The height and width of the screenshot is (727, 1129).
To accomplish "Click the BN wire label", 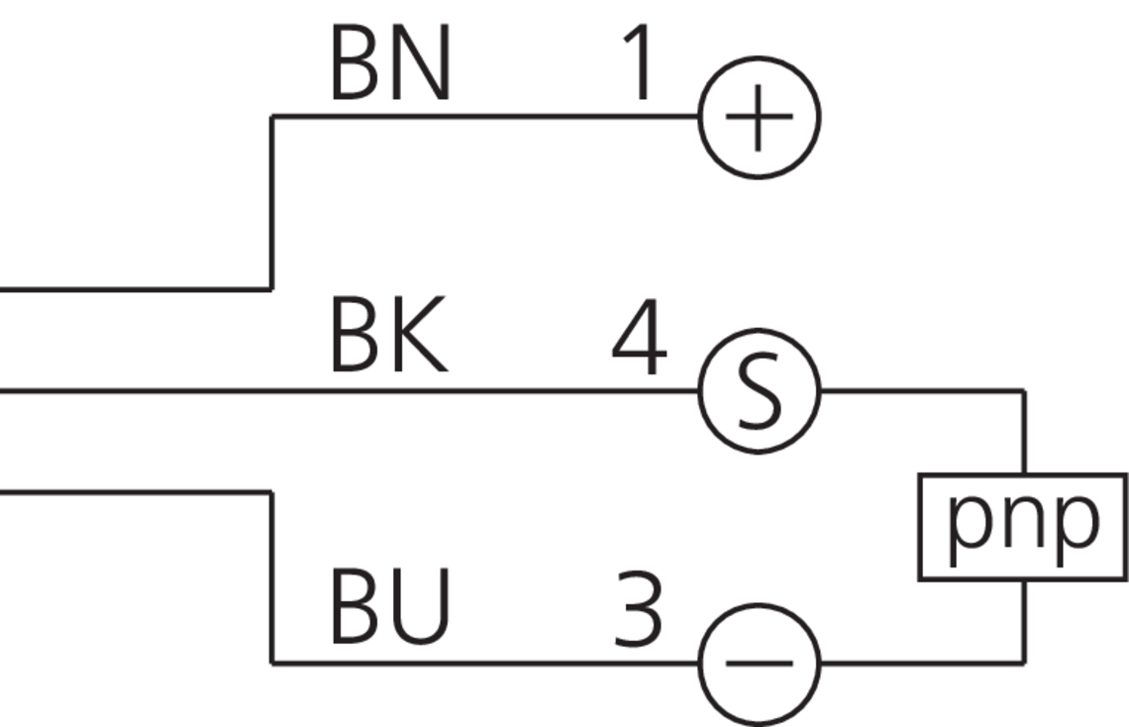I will pos(390,65).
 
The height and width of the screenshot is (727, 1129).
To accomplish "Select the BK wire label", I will pos(388,339).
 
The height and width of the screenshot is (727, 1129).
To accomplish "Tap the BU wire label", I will pos(390,606).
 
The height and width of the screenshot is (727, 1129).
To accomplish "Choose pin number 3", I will pos(638,608).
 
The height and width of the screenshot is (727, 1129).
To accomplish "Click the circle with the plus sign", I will pos(760,117).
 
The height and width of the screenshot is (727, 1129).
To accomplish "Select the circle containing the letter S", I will pos(760,390).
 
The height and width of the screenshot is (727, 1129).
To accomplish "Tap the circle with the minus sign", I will pos(760,662).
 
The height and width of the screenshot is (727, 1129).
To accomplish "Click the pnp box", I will pos(1023,526).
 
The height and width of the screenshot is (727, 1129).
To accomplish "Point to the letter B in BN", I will pos(354,65).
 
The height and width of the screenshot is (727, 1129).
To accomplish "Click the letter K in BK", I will pos(420,339).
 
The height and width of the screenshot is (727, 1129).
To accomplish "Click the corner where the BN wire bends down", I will pos(272,117).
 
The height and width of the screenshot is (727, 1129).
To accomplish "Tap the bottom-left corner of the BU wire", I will pos(272,662).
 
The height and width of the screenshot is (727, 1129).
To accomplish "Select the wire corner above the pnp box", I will pos(1023,391).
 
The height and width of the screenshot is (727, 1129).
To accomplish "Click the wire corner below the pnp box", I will pos(1023,662).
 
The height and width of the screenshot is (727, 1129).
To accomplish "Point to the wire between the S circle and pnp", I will pos(921,391).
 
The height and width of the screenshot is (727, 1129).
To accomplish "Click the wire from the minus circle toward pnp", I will pos(921,662).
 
